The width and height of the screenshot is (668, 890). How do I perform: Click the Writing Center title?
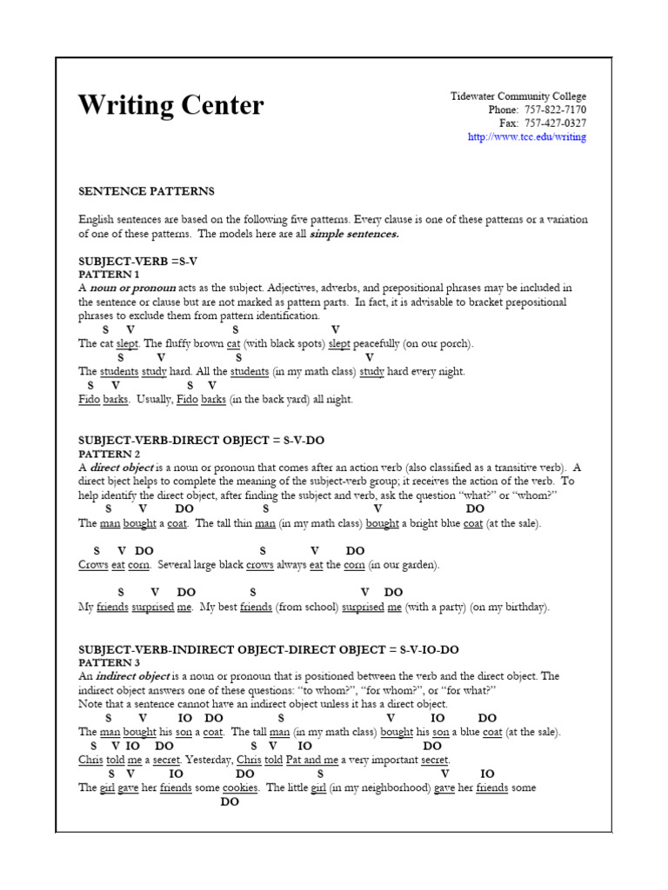pos(170,106)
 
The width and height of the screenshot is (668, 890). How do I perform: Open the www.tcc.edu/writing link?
pos(527,137)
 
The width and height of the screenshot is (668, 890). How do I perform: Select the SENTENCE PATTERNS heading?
pos(146,191)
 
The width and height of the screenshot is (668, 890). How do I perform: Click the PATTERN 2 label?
pos(109,454)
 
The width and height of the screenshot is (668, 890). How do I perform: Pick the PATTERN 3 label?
pos(109,662)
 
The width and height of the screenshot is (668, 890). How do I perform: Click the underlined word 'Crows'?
pos(93,565)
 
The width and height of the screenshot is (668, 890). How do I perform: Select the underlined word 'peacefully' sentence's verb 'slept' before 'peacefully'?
pos(339,344)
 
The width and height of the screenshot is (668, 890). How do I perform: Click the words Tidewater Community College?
pos(518,96)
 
